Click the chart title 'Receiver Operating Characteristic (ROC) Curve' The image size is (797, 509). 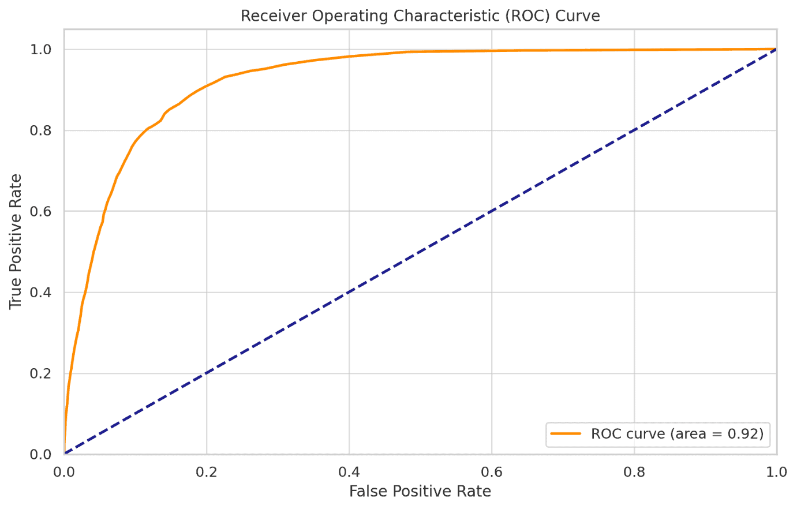point(420,16)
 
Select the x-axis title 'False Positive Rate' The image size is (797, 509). point(420,491)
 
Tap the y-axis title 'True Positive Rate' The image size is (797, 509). point(16,241)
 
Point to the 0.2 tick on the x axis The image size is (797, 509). point(207,472)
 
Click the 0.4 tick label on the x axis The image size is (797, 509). point(349,472)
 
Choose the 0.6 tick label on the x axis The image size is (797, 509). point(492,472)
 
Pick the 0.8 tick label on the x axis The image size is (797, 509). point(634,472)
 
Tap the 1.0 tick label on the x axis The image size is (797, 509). point(776,472)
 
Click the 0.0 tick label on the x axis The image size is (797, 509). point(64,472)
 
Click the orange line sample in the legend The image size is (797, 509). point(566,434)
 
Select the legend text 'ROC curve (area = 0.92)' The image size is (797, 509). point(677,434)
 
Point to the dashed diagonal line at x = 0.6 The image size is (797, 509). point(492,211)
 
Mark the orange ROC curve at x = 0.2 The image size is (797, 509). point(207,86)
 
